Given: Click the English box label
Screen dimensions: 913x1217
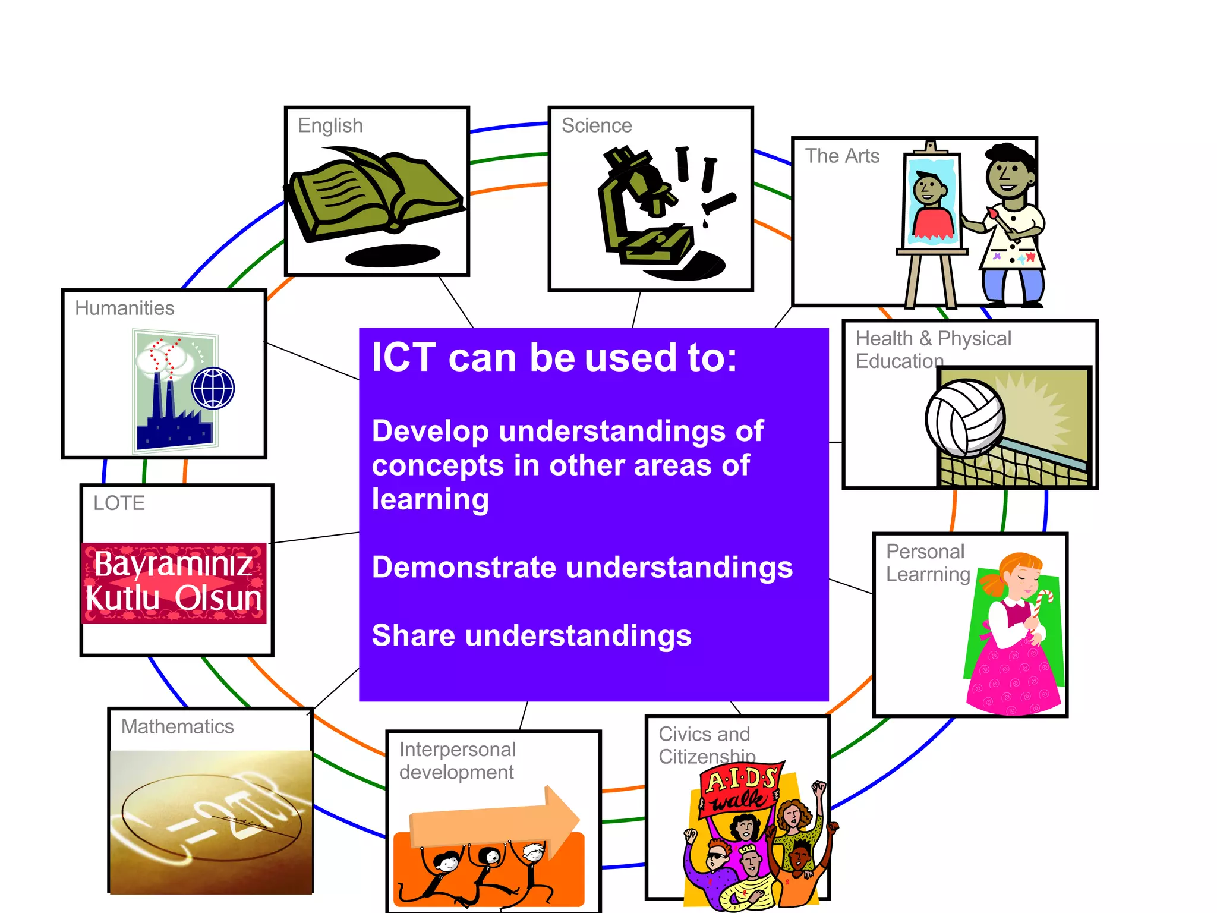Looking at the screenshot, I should click(x=330, y=125).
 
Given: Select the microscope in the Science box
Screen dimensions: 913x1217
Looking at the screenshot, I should click(x=642, y=208).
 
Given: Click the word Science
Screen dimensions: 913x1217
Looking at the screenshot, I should click(x=597, y=125).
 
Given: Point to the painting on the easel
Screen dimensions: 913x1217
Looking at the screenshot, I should click(x=931, y=202).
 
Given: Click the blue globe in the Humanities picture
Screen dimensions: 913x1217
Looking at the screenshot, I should click(x=213, y=388).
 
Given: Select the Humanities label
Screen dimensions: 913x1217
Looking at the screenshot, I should click(x=125, y=308).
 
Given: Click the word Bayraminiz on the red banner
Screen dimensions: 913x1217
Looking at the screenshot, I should click(x=173, y=563).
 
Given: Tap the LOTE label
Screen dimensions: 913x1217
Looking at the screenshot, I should click(x=119, y=503).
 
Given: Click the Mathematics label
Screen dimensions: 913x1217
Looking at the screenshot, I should click(x=177, y=726).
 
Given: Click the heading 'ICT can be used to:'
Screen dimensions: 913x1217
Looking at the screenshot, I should click(x=554, y=358).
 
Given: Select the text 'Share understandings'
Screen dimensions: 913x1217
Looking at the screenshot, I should click(x=531, y=635).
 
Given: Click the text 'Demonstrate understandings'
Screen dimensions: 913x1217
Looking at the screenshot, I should click(x=582, y=567).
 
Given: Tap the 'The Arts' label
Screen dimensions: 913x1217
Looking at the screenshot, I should click(x=842, y=156).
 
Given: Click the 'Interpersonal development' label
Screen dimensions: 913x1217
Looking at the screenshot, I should click(x=456, y=761).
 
